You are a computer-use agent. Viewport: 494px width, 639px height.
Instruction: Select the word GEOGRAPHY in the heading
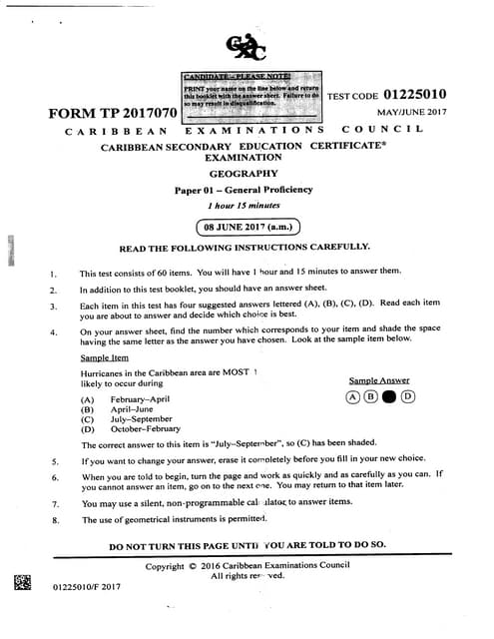coord(243,173)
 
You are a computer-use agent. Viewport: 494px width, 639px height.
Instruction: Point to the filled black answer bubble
coord(389,395)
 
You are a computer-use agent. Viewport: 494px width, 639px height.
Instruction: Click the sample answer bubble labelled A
coord(352,395)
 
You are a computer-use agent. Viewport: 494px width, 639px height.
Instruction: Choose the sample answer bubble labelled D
coord(407,395)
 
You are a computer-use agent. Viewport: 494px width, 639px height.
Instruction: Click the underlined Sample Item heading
coord(104,357)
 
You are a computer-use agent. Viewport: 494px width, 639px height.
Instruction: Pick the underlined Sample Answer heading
coord(379,380)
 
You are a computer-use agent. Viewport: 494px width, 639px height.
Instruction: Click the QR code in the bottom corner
coord(22,585)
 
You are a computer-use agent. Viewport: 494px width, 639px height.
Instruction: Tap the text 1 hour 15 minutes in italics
coord(243,204)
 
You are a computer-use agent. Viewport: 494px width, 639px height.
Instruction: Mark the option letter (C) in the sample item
coord(88,419)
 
